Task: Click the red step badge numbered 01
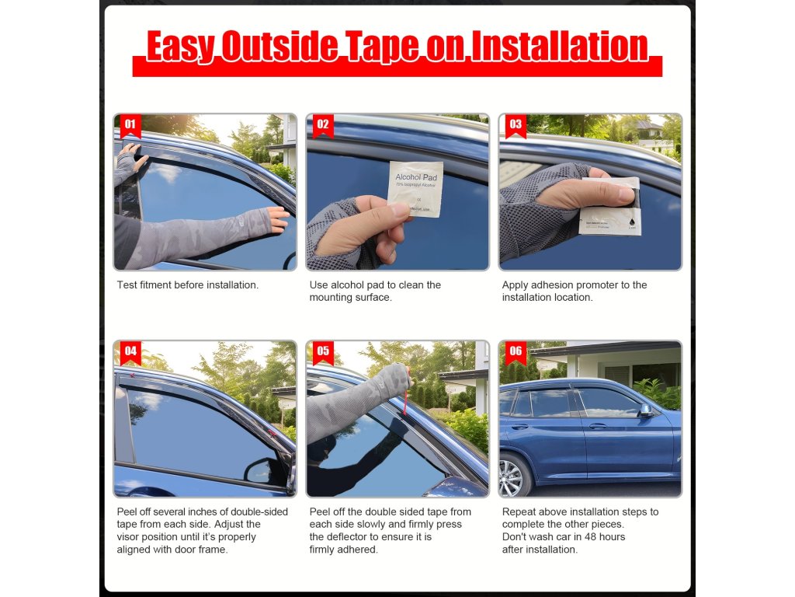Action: (x=130, y=126)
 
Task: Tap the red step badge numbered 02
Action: (x=323, y=126)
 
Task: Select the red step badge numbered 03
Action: (x=516, y=126)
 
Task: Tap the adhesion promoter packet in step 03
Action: (x=610, y=207)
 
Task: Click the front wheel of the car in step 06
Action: (x=513, y=476)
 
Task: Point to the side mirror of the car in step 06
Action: (x=645, y=410)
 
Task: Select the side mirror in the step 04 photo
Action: (x=265, y=470)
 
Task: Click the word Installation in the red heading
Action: (x=559, y=46)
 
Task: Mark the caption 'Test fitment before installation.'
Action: (x=188, y=285)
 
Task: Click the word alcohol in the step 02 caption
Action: (x=347, y=285)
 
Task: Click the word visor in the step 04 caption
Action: (x=128, y=536)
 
